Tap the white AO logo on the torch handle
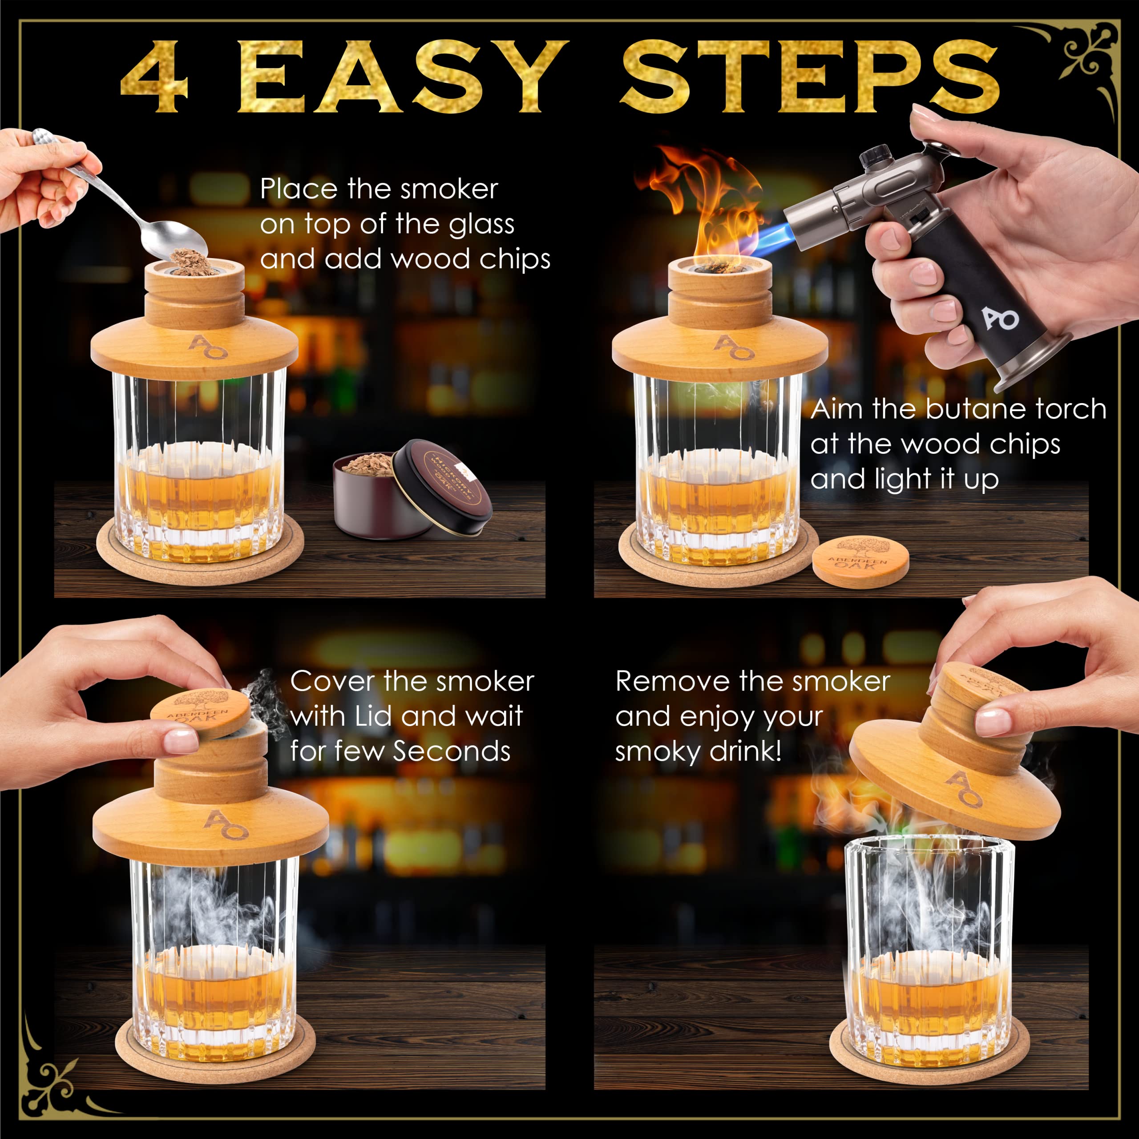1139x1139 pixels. point(1001,319)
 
